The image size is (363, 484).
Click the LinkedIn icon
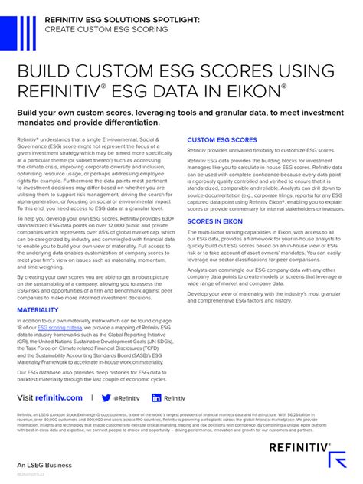coord(156,398)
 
